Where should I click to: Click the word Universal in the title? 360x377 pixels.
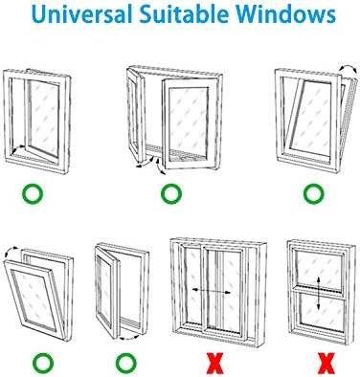click(82, 14)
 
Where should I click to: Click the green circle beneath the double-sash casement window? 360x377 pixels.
click(171, 193)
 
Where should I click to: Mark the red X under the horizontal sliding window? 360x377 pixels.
click(215, 363)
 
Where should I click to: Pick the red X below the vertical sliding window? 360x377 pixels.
click(326, 363)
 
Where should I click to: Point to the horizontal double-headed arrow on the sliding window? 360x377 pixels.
click(211, 291)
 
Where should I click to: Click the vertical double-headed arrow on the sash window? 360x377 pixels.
click(319, 294)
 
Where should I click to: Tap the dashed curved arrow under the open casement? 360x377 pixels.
click(129, 338)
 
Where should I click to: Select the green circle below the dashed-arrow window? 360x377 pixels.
click(125, 363)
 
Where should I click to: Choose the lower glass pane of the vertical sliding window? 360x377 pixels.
click(320, 311)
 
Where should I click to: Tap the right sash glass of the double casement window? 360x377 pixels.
click(188, 123)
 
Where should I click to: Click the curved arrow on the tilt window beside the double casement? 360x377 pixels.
click(348, 68)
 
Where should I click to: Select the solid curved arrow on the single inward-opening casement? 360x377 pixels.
click(18, 148)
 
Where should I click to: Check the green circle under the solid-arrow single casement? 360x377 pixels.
click(33, 193)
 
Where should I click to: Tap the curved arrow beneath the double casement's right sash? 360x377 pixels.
click(161, 166)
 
